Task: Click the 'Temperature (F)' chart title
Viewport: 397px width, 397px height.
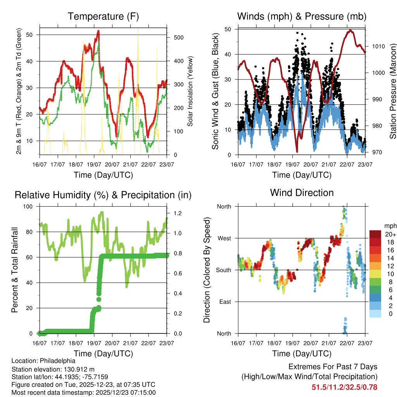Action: click(x=103, y=17)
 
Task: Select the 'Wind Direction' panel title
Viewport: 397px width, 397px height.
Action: click(x=302, y=193)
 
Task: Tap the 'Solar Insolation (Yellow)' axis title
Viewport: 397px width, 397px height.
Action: click(x=190, y=91)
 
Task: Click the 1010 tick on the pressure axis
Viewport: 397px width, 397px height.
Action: click(x=378, y=47)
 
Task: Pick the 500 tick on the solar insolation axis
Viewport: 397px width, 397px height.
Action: click(x=178, y=38)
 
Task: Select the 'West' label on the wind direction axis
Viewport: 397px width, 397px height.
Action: click(x=224, y=238)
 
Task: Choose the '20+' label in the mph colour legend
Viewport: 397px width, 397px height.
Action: click(x=390, y=235)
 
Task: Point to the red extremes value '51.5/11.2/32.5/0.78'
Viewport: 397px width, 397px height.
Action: click(x=344, y=387)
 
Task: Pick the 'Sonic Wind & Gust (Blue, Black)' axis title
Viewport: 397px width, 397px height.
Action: click(x=216, y=92)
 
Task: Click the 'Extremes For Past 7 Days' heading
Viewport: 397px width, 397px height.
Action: click(x=333, y=367)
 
